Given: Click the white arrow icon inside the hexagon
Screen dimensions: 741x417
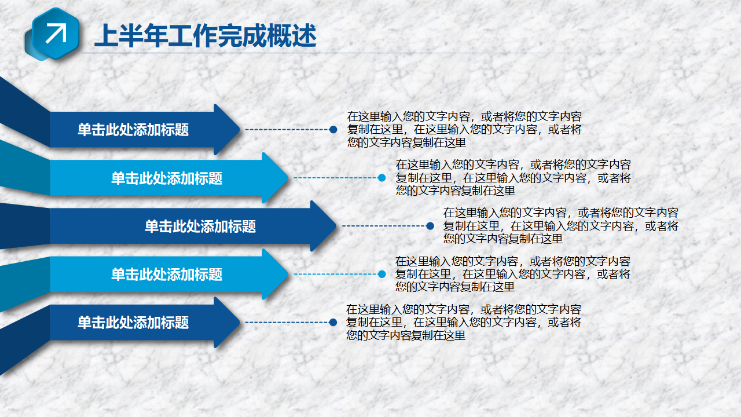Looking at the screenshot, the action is point(56,33).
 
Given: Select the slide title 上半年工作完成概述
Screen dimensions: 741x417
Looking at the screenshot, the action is point(206,36).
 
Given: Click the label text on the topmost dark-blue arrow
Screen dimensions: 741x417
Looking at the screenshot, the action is point(133,129).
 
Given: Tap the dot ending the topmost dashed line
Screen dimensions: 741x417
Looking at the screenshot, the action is point(333,129).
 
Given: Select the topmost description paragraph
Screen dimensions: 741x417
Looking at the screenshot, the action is point(464,129).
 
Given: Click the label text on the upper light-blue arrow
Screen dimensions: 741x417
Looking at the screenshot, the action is point(167,178).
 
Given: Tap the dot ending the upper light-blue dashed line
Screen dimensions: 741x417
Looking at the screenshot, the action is point(381,178).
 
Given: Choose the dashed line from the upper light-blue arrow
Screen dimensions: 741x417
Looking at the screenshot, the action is point(335,178).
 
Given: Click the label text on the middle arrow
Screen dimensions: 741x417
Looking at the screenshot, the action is point(200,226).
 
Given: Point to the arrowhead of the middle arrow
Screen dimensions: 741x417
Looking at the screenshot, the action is point(324,226).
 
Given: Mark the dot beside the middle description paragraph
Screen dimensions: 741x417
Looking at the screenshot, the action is point(430,226).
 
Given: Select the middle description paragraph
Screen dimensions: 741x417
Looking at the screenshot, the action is point(561,226).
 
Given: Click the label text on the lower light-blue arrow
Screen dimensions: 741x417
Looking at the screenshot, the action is point(167,275).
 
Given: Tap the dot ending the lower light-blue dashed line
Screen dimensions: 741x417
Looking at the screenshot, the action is point(381,274).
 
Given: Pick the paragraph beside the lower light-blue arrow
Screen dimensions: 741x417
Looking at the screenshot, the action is point(513,274).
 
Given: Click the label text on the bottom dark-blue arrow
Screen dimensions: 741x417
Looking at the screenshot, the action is point(133,323).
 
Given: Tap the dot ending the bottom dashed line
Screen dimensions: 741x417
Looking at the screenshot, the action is point(333,323).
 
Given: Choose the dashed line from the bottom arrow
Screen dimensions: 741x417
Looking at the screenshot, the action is point(287,323).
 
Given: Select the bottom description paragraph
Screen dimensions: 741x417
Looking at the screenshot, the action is point(464,323).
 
